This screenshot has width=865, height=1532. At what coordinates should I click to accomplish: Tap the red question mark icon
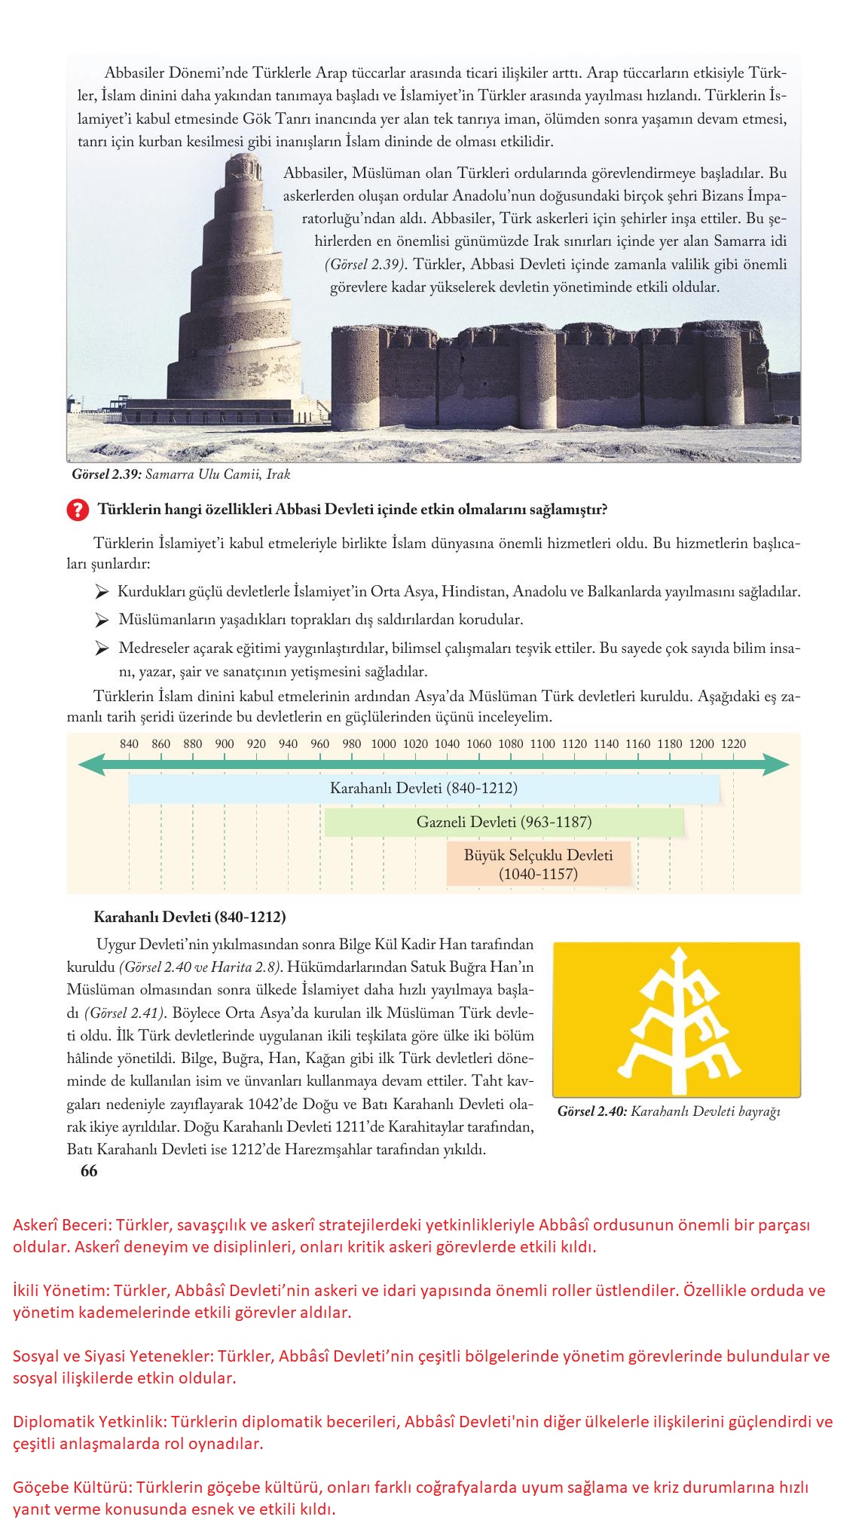click(x=76, y=510)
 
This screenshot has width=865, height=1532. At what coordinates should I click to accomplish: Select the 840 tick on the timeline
click(x=129, y=744)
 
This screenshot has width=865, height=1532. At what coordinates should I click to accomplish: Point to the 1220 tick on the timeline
click(x=733, y=744)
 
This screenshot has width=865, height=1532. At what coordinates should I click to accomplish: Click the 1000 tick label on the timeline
click(x=384, y=744)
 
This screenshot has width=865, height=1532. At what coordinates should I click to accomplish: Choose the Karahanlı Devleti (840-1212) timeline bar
click(x=423, y=789)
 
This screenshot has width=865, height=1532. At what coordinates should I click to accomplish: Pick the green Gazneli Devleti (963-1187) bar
click(x=503, y=822)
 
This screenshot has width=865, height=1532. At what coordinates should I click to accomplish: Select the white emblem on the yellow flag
click(x=676, y=1019)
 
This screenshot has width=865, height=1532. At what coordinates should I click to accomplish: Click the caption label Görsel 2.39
click(x=105, y=475)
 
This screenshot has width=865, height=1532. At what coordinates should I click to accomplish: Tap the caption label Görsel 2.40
click(x=592, y=1111)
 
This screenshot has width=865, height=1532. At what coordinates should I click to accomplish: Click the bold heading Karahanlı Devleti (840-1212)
click(x=189, y=918)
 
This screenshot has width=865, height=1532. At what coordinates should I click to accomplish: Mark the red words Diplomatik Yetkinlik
click(x=88, y=1423)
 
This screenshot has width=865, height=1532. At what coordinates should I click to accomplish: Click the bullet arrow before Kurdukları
click(x=102, y=593)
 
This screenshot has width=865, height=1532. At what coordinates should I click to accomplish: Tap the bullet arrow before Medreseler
click(x=102, y=648)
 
